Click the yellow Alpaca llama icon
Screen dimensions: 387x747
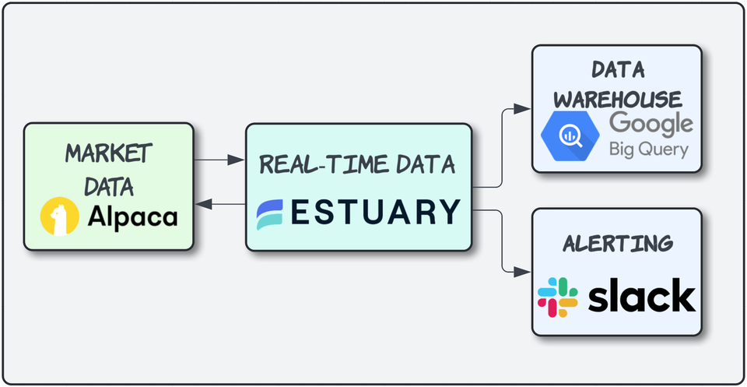(61, 216)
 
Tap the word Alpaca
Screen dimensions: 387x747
(132, 217)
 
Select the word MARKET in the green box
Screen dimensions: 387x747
(107, 153)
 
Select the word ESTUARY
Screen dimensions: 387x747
(374, 213)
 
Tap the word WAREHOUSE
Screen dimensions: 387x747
(617, 99)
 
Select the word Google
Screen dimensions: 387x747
(651, 123)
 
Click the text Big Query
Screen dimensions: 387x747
(649, 149)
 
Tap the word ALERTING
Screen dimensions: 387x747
(617, 243)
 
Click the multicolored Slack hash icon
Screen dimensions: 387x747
(558, 297)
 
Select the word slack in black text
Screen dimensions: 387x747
(641, 296)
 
